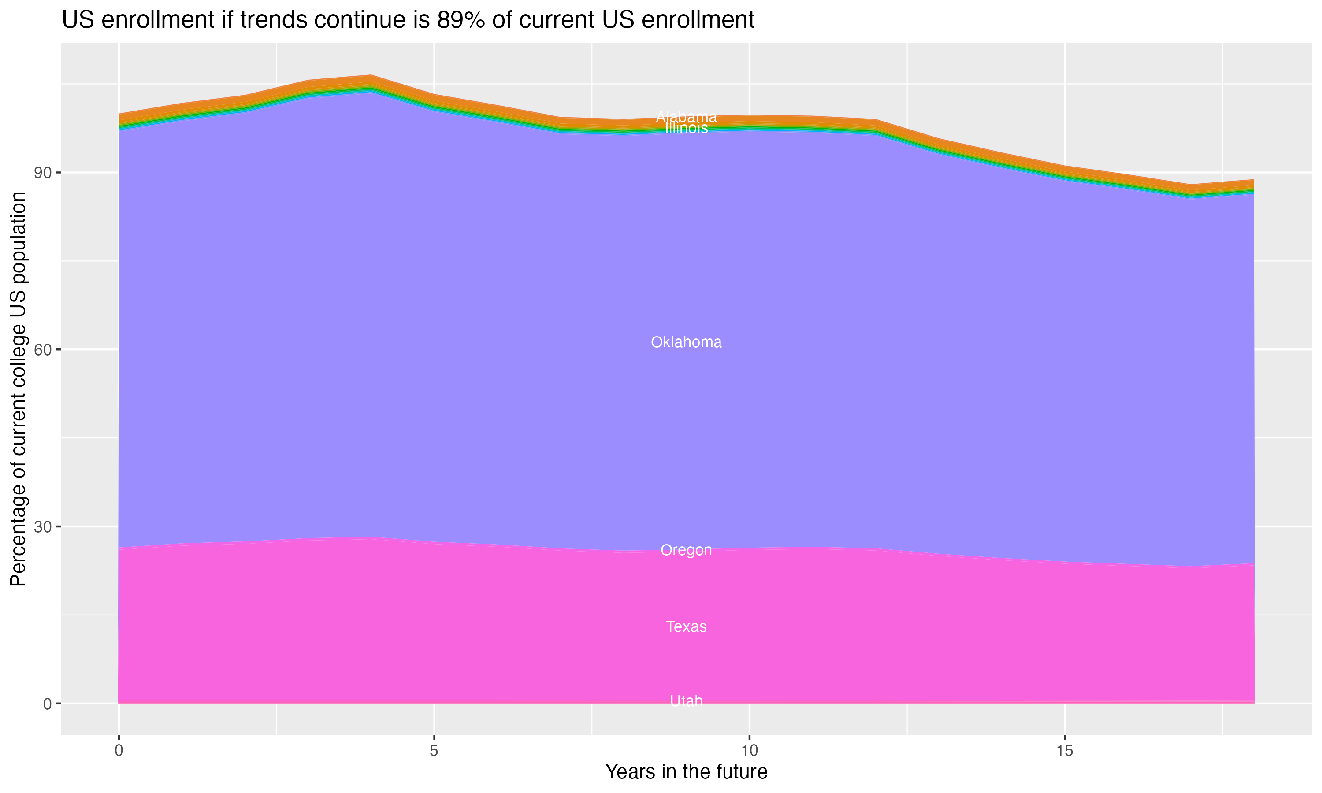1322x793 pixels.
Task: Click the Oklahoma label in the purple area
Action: point(686,342)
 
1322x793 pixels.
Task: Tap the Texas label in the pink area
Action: point(686,626)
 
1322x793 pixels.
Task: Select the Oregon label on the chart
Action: point(686,550)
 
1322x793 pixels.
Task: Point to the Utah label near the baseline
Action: point(686,700)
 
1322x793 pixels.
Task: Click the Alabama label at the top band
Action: point(686,116)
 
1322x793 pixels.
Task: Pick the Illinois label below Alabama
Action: point(686,128)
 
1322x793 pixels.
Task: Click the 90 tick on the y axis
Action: point(43,173)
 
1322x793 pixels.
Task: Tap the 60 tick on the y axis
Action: point(43,350)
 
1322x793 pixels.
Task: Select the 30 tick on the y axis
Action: point(43,527)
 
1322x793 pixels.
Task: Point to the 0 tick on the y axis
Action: point(48,704)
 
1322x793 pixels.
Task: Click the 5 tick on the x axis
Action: point(434,751)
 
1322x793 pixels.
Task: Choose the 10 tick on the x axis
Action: point(749,751)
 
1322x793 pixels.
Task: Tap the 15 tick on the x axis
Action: point(1065,751)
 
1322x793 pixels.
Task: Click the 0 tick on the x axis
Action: point(119,751)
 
